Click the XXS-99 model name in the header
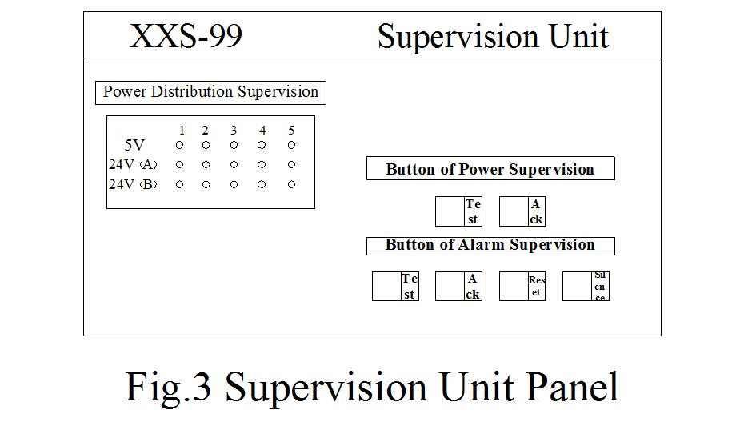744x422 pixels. [x=186, y=36]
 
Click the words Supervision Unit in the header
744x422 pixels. [x=493, y=36]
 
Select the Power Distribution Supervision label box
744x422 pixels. [x=210, y=92]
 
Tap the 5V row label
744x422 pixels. [x=134, y=146]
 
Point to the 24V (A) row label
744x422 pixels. [x=133, y=165]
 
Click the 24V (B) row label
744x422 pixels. [x=133, y=184]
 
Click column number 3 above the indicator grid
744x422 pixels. [x=234, y=131]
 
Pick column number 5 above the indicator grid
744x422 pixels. [x=291, y=131]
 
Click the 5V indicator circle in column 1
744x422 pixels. [x=180, y=145]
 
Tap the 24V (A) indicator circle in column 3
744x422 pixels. [x=234, y=165]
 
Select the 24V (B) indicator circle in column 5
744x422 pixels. [x=291, y=184]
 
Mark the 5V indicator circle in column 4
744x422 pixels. [x=262, y=145]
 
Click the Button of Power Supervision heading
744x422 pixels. [x=490, y=169]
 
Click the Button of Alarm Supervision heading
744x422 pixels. [x=490, y=245]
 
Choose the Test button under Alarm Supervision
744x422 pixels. [x=395, y=287]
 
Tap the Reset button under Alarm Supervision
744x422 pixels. [x=522, y=287]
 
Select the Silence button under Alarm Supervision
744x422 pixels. [x=586, y=287]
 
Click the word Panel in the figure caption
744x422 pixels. [x=572, y=387]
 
